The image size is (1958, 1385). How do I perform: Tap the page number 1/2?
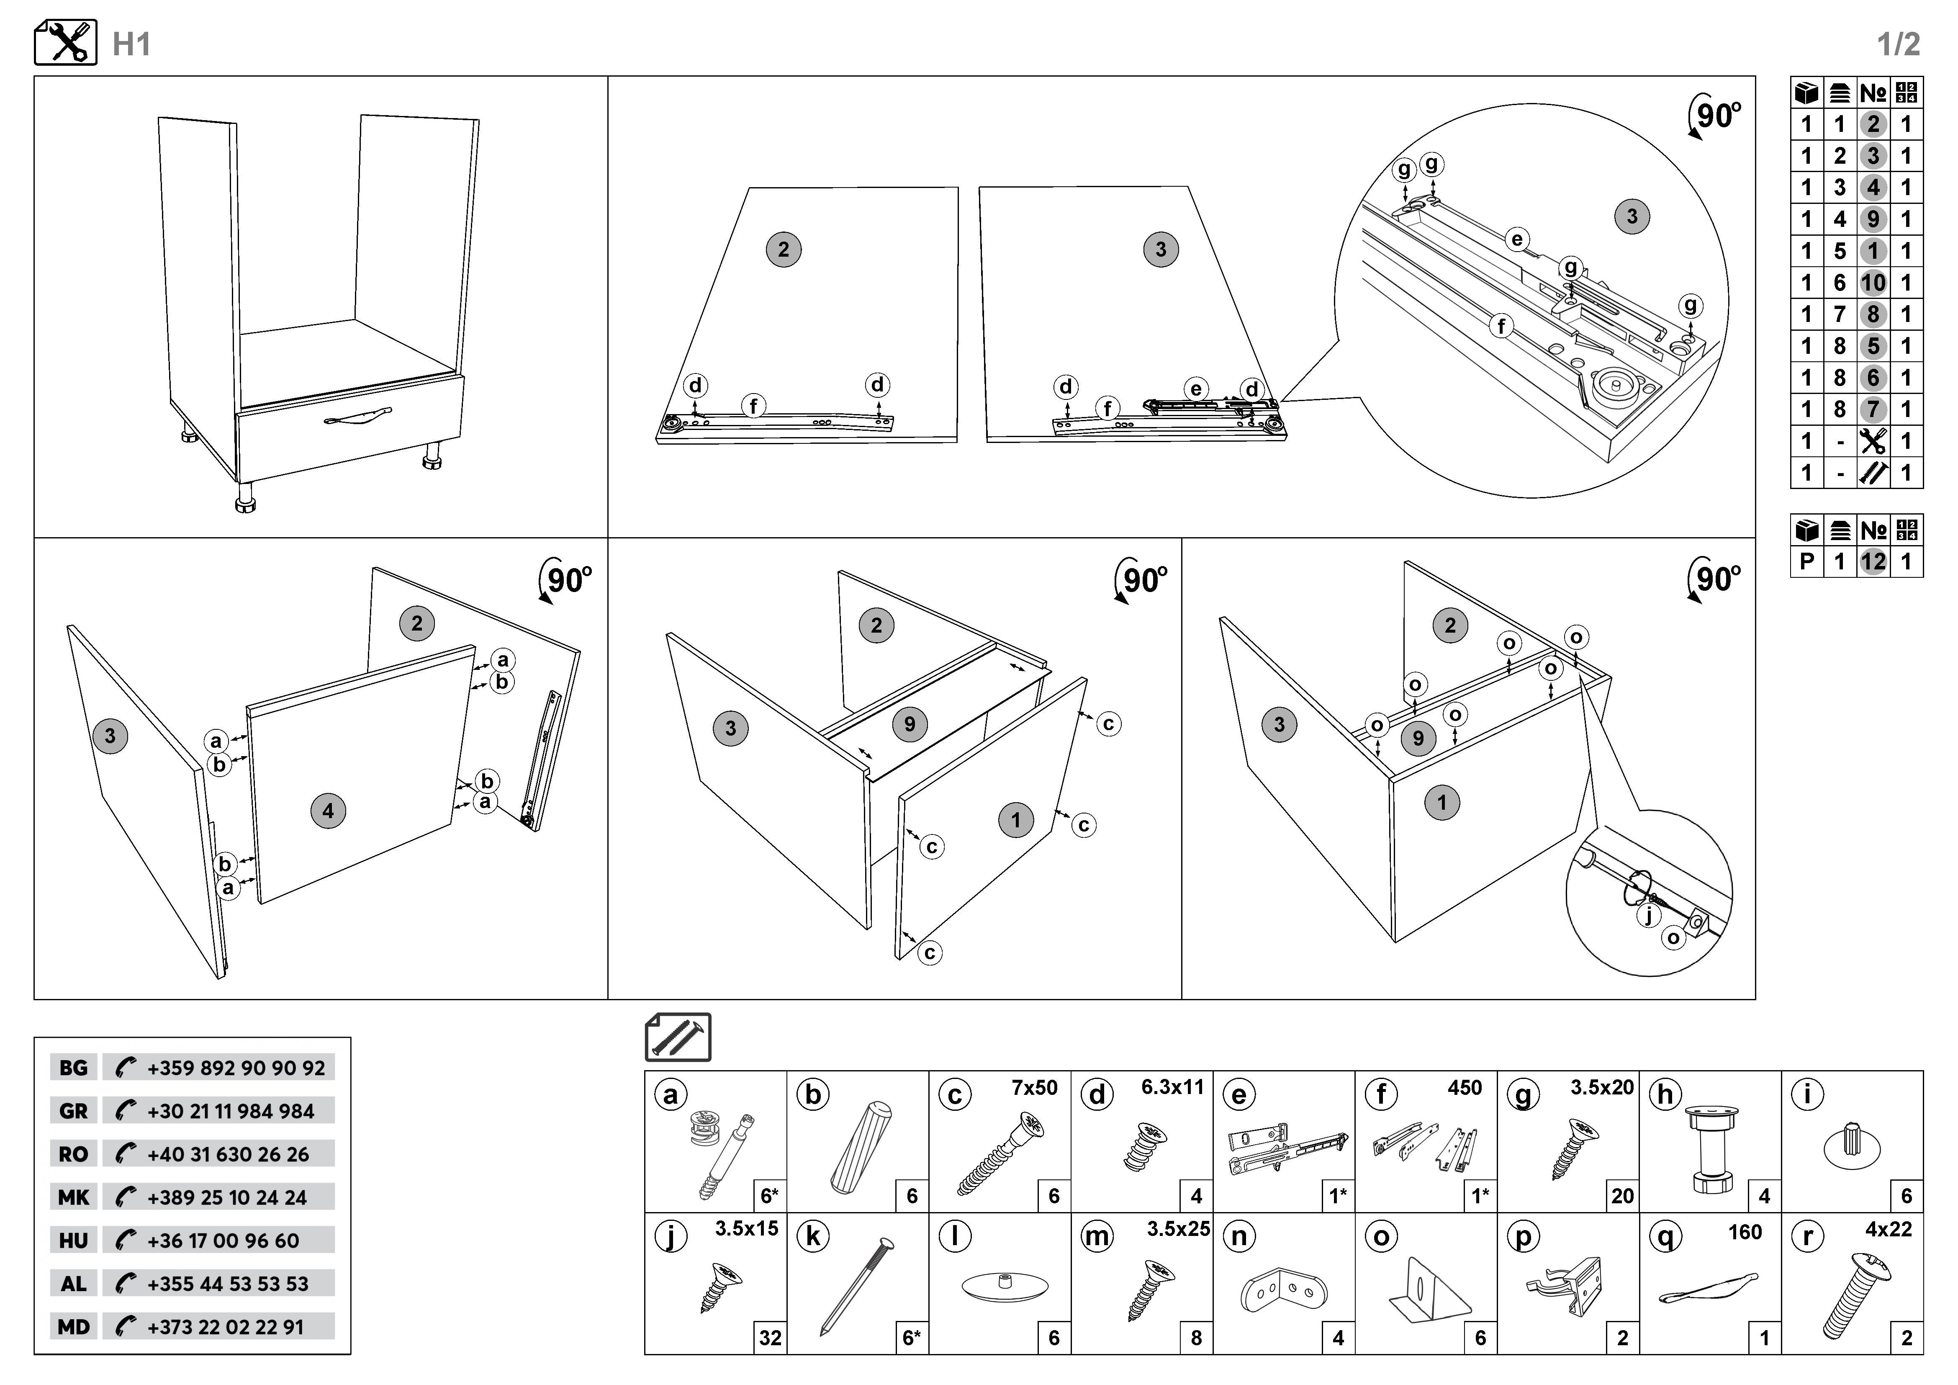(x=1898, y=44)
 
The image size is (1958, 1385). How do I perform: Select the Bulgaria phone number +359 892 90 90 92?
(x=235, y=1068)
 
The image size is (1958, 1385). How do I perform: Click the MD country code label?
(x=73, y=1327)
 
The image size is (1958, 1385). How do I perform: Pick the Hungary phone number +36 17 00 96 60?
(x=224, y=1241)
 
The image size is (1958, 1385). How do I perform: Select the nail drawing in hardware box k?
(x=857, y=1286)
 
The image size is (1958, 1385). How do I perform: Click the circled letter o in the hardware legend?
(x=1382, y=1237)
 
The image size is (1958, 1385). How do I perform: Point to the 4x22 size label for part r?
(x=1888, y=1230)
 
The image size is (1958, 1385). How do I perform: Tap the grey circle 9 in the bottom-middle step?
(x=910, y=724)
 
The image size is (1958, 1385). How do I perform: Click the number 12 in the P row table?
(x=1873, y=561)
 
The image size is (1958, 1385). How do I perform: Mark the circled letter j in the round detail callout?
(x=1648, y=915)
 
